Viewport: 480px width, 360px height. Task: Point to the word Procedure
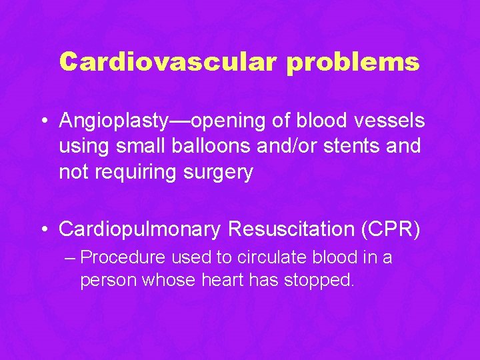pyautogui.click(x=125, y=257)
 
